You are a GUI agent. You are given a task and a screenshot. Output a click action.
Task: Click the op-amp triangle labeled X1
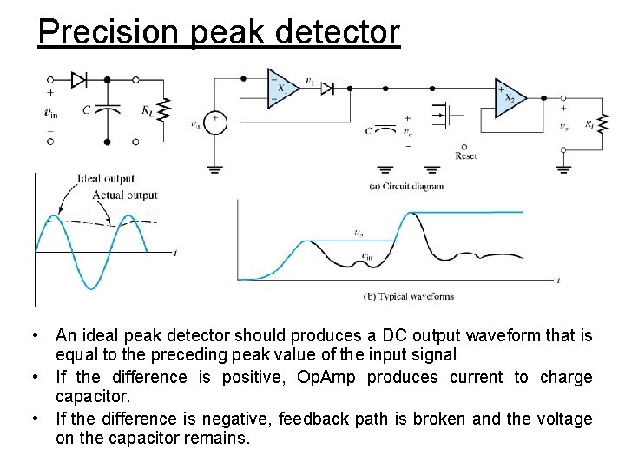(280, 88)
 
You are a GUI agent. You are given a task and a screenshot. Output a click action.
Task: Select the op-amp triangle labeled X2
(508, 98)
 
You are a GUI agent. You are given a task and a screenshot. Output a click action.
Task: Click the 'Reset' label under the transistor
(465, 156)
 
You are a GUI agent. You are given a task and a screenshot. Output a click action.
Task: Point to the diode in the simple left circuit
(79, 80)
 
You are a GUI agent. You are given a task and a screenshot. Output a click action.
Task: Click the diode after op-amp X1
(328, 88)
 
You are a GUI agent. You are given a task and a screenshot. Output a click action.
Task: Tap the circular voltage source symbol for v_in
(214, 123)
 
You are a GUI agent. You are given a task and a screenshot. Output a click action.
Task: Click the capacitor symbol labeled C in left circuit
(107, 110)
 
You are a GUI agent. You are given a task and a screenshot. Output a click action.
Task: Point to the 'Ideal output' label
(106, 179)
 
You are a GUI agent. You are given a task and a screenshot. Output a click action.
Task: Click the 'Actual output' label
(125, 195)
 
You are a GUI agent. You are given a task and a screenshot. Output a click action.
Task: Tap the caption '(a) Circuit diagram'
(406, 186)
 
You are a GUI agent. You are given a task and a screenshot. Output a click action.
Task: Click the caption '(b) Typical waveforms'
(408, 296)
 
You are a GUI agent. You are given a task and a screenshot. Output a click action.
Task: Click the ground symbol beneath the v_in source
(214, 168)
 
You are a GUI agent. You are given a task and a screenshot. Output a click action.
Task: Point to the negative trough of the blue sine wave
(89, 287)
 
